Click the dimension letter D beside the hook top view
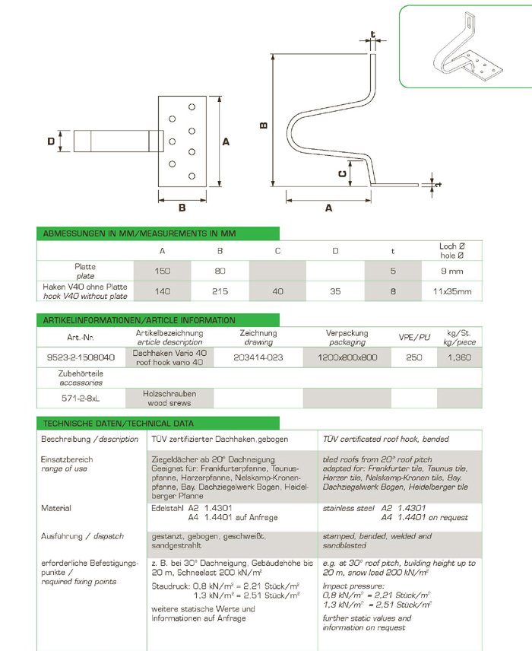[x=51, y=141]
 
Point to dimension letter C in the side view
[x=343, y=174]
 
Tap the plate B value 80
[x=220, y=270]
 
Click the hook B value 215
[x=220, y=291]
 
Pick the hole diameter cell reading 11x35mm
[x=452, y=291]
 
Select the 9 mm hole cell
[x=452, y=270]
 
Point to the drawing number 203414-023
[x=258, y=357]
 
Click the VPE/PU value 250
[x=414, y=357]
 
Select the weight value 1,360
[x=459, y=357]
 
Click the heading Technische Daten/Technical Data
[x=119, y=424]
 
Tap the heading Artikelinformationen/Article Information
[x=140, y=320]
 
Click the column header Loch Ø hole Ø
[x=452, y=250]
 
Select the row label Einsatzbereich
[x=67, y=459]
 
